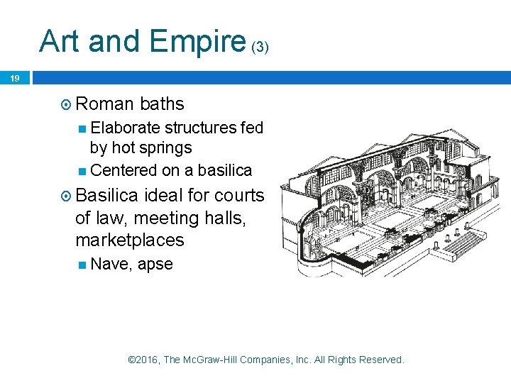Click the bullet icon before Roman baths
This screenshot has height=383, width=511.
point(66,104)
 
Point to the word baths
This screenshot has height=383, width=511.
point(162,104)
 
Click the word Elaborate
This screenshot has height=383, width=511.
point(126,128)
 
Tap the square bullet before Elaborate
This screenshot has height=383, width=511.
point(83,128)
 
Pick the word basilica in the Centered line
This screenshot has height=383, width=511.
point(224,170)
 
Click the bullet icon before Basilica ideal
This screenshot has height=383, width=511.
point(66,195)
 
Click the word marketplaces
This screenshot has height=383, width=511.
point(129,240)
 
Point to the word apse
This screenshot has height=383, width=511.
point(155,265)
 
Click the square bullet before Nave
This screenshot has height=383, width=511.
point(83,265)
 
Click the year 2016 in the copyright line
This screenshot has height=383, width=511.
point(147,360)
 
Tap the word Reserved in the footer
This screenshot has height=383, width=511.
point(380,360)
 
